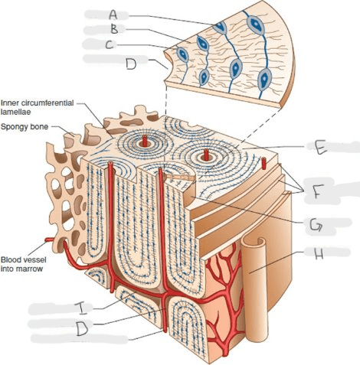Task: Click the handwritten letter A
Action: click(113, 15)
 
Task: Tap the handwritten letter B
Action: click(114, 29)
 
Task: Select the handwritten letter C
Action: click(110, 45)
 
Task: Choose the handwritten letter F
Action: click(316, 191)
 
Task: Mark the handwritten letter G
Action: click(316, 226)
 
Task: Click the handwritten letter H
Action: click(317, 253)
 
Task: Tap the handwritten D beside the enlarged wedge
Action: click(131, 64)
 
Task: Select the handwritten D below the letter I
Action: click(82, 328)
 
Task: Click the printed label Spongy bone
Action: click(25, 127)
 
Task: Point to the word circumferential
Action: click(47, 103)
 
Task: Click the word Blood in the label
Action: click(10, 259)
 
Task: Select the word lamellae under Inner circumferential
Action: click(15, 112)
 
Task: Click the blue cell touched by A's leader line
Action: click(220, 28)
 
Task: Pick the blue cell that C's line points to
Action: click(182, 54)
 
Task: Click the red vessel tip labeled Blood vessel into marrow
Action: click(47, 240)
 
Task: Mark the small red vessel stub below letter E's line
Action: click(264, 163)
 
